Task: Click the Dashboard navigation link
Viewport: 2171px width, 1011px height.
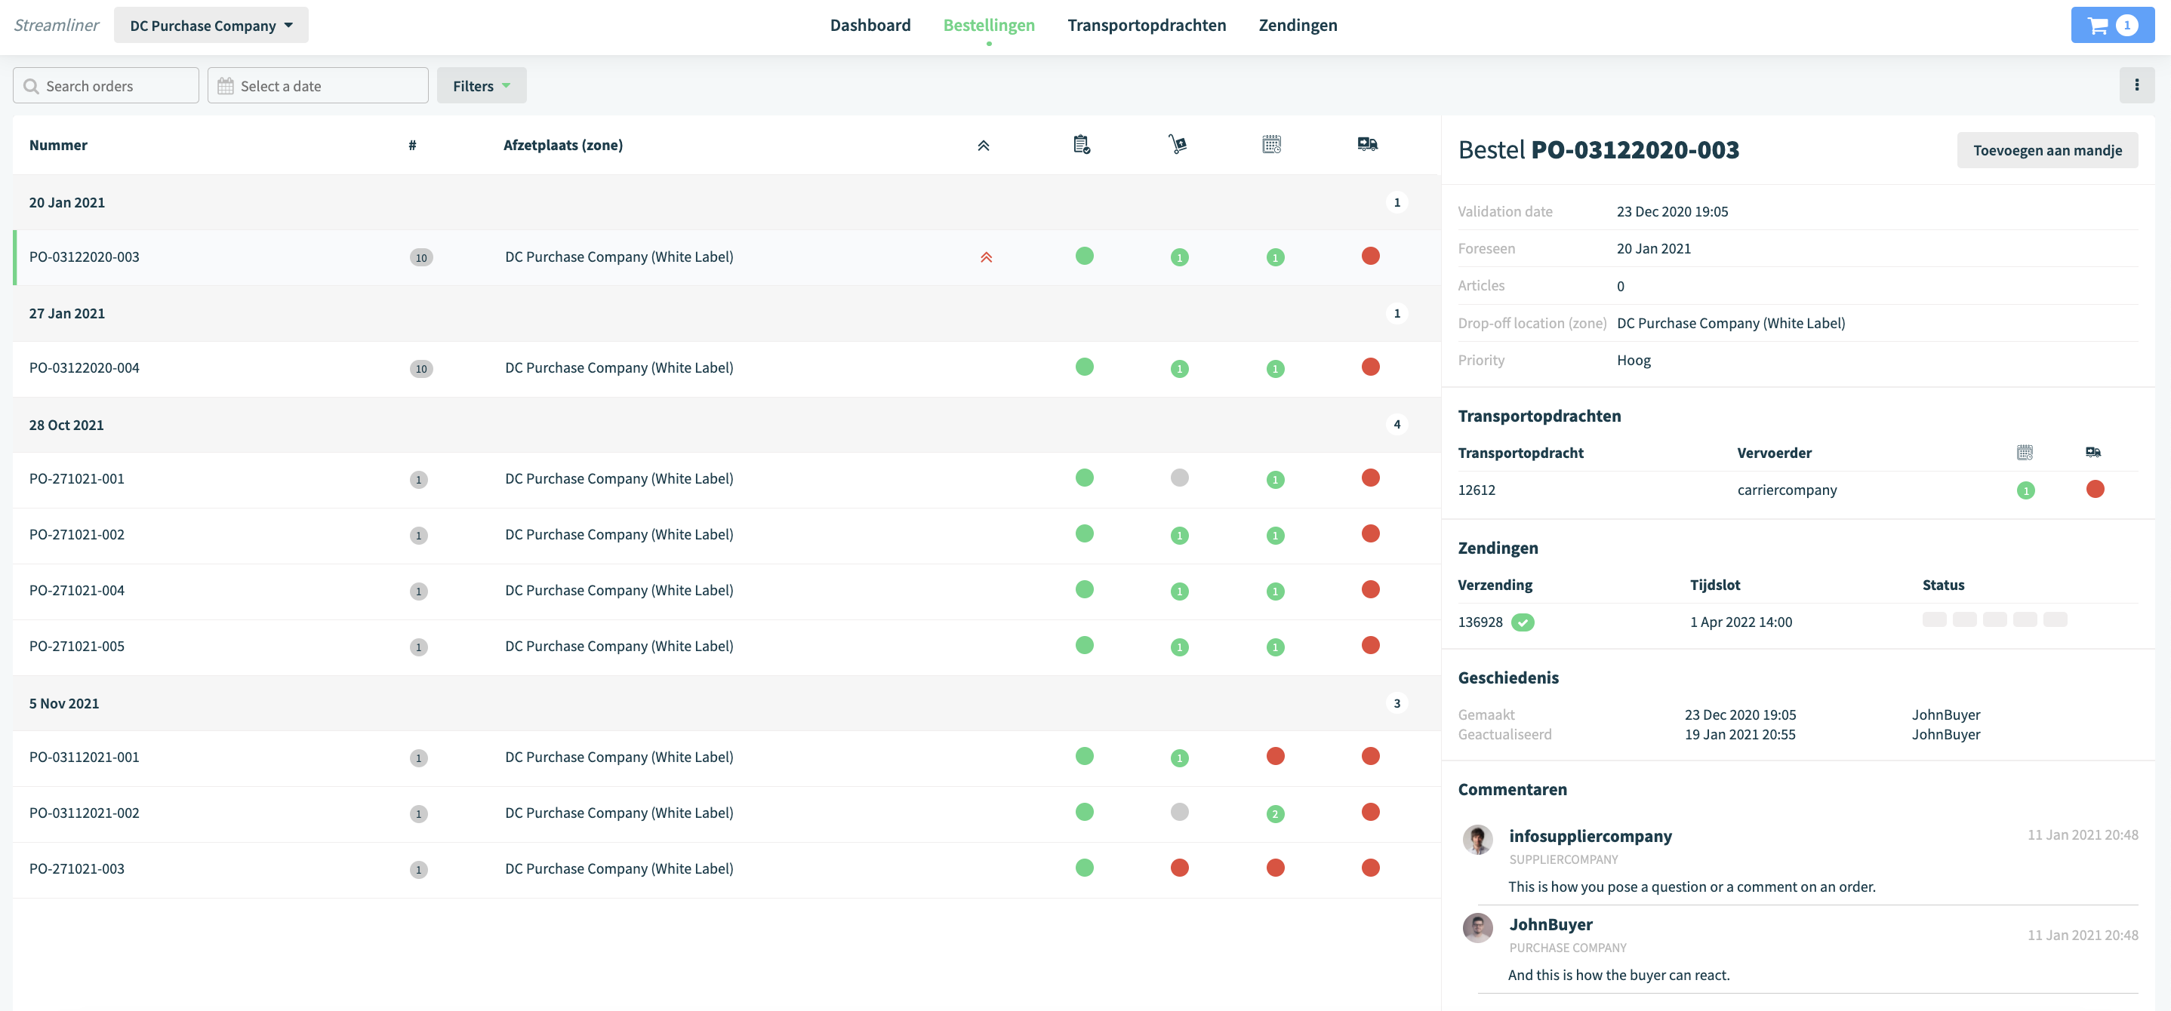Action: (870, 26)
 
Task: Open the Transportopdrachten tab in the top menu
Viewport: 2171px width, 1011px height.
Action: (1146, 26)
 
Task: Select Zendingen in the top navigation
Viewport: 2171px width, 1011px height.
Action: (1297, 26)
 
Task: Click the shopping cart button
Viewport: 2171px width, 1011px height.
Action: (2112, 26)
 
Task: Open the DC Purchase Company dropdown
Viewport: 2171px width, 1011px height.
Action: (211, 26)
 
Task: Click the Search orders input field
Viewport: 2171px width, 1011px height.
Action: (106, 86)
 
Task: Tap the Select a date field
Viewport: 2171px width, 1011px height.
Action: (318, 86)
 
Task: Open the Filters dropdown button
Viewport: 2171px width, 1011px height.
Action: (481, 86)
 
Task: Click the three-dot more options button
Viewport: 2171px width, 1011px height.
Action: (2136, 85)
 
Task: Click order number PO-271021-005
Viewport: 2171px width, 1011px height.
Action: (77, 646)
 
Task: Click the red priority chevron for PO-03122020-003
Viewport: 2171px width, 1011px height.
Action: (986, 257)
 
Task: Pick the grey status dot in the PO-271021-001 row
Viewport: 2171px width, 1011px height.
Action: (1179, 478)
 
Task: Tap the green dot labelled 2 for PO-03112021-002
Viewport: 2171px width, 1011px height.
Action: (1275, 814)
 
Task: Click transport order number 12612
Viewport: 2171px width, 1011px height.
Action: (1477, 490)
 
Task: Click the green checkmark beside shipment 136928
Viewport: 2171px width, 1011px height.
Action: (1522, 622)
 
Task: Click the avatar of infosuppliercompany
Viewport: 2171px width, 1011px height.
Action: (1477, 840)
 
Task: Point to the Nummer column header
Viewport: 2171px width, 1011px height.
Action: (58, 145)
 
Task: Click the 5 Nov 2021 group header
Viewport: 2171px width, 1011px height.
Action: (64, 703)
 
